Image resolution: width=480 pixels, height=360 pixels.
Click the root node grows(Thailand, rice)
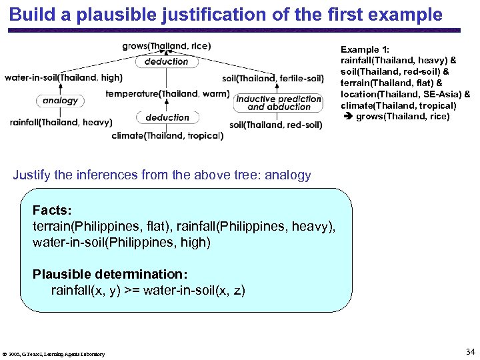tap(167, 46)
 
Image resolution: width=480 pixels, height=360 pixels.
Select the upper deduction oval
tap(167, 61)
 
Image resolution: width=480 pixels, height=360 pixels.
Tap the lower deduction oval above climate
tap(167, 117)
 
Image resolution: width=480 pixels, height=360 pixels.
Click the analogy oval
tap(60, 101)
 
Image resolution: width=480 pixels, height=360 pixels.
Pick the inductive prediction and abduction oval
tap(279, 103)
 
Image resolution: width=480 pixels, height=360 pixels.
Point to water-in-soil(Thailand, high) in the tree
tap(63, 77)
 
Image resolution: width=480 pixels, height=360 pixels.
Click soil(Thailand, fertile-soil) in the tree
tap(273, 78)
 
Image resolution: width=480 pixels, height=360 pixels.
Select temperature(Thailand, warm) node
tap(167, 94)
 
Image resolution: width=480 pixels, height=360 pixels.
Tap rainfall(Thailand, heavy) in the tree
tap(61, 122)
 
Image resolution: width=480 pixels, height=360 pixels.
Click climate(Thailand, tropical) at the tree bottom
tap(167, 136)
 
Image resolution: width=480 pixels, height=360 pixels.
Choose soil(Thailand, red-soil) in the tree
tap(276, 125)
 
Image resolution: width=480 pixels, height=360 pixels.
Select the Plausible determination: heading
tap(110, 274)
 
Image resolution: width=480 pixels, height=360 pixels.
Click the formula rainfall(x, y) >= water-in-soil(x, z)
tap(148, 291)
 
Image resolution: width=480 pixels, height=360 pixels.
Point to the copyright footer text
tap(55, 354)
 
